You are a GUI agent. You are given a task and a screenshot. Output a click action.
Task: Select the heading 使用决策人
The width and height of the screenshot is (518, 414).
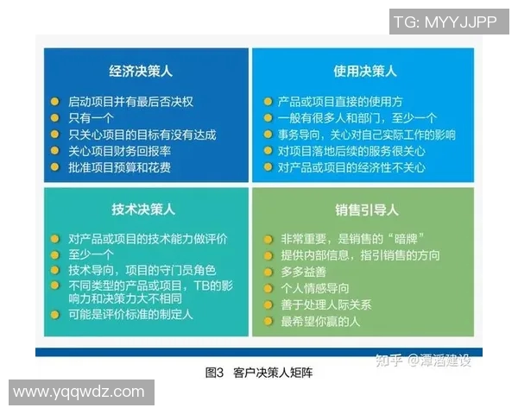point(366,72)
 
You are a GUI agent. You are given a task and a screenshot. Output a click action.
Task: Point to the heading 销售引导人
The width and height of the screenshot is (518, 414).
point(366,210)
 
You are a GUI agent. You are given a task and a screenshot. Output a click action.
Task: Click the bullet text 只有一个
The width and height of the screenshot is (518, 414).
point(92,118)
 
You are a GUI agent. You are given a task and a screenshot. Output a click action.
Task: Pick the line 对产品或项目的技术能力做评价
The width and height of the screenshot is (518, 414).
point(142,239)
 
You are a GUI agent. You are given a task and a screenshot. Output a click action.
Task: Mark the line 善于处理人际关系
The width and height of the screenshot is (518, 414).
point(325,304)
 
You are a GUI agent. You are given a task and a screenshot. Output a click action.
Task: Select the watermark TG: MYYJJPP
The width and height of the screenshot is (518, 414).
point(445,22)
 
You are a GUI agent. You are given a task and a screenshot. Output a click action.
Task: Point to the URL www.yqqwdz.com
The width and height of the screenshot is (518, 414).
point(79,392)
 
